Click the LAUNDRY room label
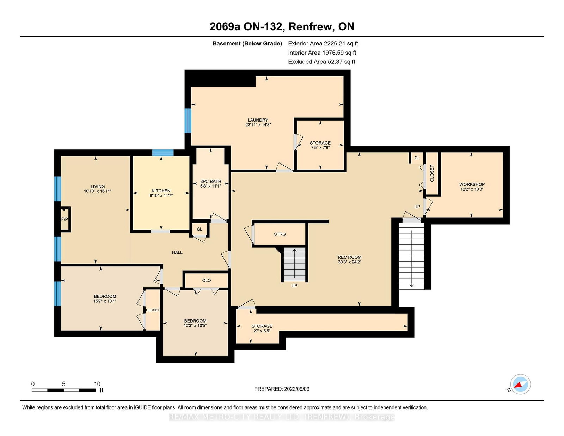point(258,120)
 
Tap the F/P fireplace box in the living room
point(66,219)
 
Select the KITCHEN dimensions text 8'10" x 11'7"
point(161,195)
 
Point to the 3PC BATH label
point(210,182)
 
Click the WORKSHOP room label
point(472,185)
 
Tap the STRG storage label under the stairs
point(280,234)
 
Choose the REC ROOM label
point(349,257)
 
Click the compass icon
point(520,384)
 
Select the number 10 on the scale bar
point(97,384)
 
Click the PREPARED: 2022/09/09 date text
point(282,389)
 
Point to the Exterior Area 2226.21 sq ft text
point(323,44)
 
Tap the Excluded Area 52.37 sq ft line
point(321,62)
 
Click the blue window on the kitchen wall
point(163,153)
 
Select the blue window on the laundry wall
point(188,121)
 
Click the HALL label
point(177,252)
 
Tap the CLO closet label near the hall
point(206,280)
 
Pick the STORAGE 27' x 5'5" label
point(262,328)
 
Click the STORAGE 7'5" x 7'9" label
point(320,145)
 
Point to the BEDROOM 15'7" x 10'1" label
point(105,299)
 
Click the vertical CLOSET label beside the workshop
point(432,173)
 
